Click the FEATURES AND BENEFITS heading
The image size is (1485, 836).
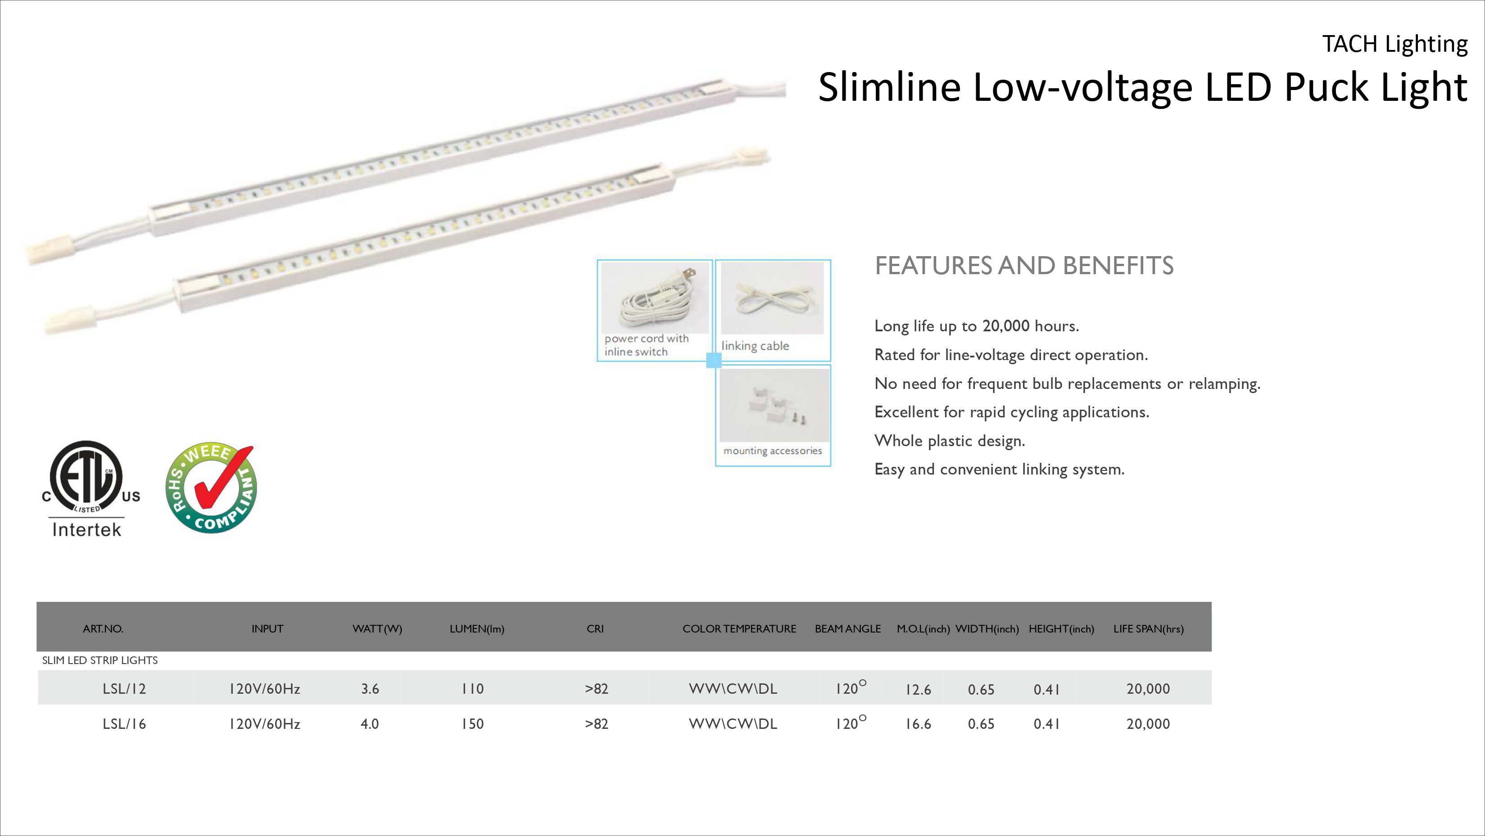click(x=1024, y=266)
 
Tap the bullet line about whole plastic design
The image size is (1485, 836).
click(x=950, y=441)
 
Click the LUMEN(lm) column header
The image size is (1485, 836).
click(x=477, y=629)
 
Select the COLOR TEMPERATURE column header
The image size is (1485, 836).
click(x=739, y=629)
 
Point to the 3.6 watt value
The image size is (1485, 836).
click(x=370, y=689)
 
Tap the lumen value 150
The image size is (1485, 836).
click(x=472, y=724)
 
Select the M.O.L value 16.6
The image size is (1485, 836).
click(x=918, y=724)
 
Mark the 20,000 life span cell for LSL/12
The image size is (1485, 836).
click(x=1148, y=689)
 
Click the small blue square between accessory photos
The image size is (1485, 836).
click(x=714, y=360)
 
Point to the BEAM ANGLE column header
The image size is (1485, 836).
click(x=847, y=629)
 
